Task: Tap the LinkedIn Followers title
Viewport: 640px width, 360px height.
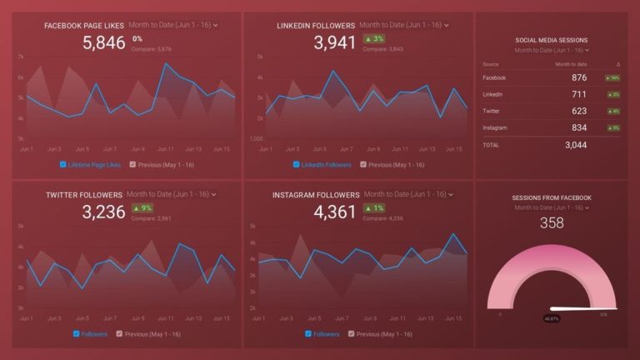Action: [316, 26]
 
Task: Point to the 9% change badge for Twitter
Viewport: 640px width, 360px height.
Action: [141, 207]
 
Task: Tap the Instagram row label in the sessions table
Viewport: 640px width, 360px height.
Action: [494, 127]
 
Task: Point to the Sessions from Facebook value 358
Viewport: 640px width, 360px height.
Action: [552, 222]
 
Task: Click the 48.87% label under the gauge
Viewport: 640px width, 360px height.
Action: [552, 318]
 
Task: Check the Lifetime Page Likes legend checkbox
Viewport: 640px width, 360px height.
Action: [63, 165]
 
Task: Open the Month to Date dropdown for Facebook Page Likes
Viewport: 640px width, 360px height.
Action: [182, 26]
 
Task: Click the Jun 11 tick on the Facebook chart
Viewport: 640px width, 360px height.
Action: [166, 149]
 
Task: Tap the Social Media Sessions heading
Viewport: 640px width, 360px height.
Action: [551, 40]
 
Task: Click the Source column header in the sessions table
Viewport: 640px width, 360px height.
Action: [491, 64]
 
